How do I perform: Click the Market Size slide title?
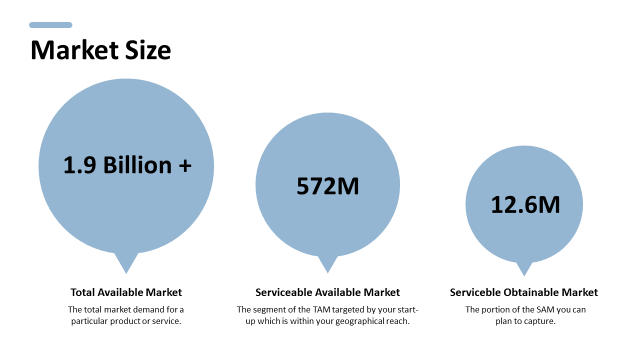pyautogui.click(x=100, y=50)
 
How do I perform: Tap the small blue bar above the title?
pyautogui.click(x=50, y=25)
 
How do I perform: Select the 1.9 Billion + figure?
pyautogui.click(x=127, y=165)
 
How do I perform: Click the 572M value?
pyautogui.click(x=327, y=186)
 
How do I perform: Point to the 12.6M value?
pyautogui.click(x=525, y=205)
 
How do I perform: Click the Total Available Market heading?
pyautogui.click(x=126, y=292)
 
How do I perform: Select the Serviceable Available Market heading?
pyautogui.click(x=327, y=292)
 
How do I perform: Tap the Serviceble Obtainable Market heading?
pyautogui.click(x=523, y=292)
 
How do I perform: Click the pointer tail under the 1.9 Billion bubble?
pyautogui.click(x=126, y=262)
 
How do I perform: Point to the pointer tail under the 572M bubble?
pyautogui.click(x=327, y=263)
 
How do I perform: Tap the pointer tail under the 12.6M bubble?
pyautogui.click(x=524, y=268)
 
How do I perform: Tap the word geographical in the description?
pyautogui.click(x=359, y=321)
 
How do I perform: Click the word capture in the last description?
pyautogui.click(x=540, y=321)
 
